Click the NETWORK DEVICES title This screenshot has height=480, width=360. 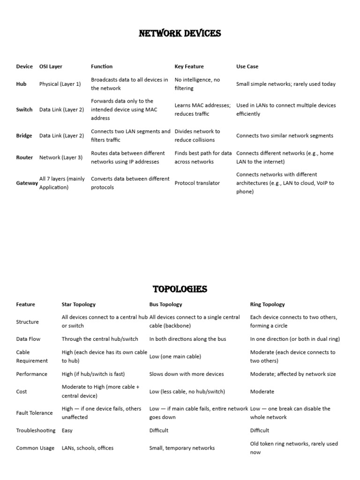180,33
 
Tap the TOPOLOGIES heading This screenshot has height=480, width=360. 180,289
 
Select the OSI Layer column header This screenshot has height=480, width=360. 51,67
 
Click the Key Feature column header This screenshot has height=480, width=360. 189,67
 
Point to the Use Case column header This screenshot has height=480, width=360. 247,67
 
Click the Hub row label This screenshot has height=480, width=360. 21,84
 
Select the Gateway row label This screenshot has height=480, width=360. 27,183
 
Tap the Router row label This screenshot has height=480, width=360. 24,157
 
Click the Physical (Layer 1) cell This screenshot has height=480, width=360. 60,84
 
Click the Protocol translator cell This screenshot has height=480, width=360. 197,183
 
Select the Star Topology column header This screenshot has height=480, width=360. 78,304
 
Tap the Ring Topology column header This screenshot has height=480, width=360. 267,304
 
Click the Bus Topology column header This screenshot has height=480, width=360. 165,304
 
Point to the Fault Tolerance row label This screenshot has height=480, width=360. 34,413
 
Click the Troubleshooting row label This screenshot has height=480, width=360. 36,430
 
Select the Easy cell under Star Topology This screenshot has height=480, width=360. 67,430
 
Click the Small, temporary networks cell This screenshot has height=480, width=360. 182,448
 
